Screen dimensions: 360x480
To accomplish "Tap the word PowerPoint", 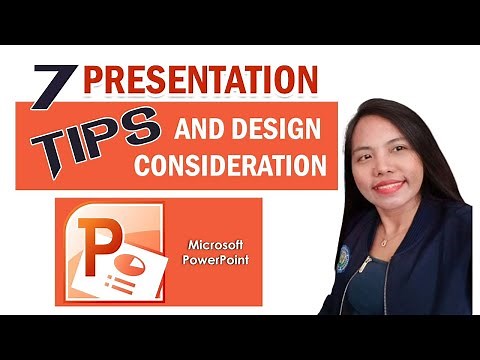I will [219, 261].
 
